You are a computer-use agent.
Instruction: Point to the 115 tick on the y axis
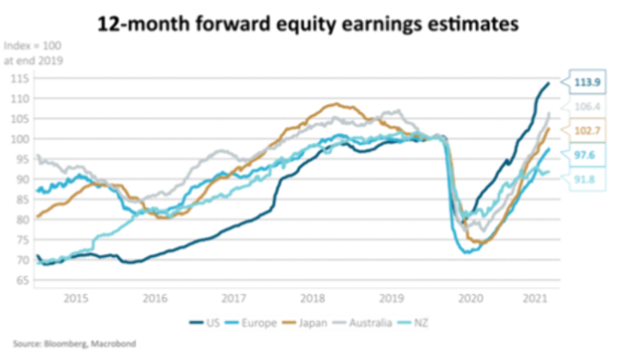pos(20,78)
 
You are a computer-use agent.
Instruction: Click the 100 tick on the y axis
pos(20,139)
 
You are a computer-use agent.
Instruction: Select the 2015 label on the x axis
pos(75,298)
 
